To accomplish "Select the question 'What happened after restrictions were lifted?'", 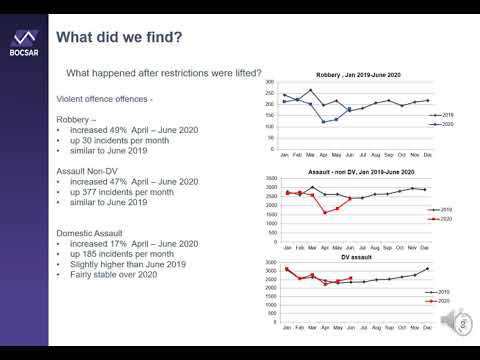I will tap(163, 73).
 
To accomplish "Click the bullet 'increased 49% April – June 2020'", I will tap(127, 131).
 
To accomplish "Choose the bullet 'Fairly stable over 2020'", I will tap(113, 274).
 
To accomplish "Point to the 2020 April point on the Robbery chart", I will tap(324, 122).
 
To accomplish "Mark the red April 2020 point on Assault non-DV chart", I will tap(324, 212).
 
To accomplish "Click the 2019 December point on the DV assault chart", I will tap(428, 268).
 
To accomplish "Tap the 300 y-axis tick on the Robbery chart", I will tap(269, 83).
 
